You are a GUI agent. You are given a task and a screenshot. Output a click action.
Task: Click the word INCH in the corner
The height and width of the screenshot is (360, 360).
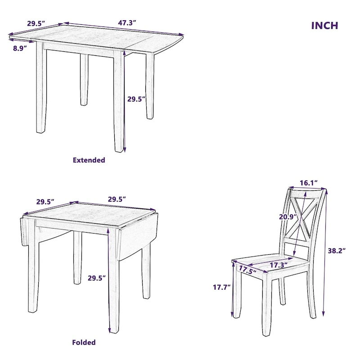click(x=324, y=25)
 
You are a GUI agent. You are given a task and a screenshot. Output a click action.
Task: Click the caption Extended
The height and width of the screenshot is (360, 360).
click(x=89, y=160)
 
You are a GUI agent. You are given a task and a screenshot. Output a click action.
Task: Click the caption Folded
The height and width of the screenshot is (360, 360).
click(x=84, y=342)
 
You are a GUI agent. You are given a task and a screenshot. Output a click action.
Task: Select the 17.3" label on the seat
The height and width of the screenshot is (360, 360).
click(x=279, y=265)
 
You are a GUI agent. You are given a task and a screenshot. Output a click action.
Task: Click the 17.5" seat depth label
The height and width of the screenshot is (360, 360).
click(x=247, y=270)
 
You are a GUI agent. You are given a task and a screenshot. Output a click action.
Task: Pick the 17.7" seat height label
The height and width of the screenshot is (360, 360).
click(x=222, y=286)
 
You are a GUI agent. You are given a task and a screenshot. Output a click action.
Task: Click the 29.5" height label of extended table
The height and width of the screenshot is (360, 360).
click(x=136, y=99)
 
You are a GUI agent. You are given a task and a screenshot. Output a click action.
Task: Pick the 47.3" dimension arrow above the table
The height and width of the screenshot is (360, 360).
click(x=124, y=29)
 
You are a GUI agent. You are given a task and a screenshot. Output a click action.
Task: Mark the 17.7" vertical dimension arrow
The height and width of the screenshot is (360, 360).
click(x=233, y=290)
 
